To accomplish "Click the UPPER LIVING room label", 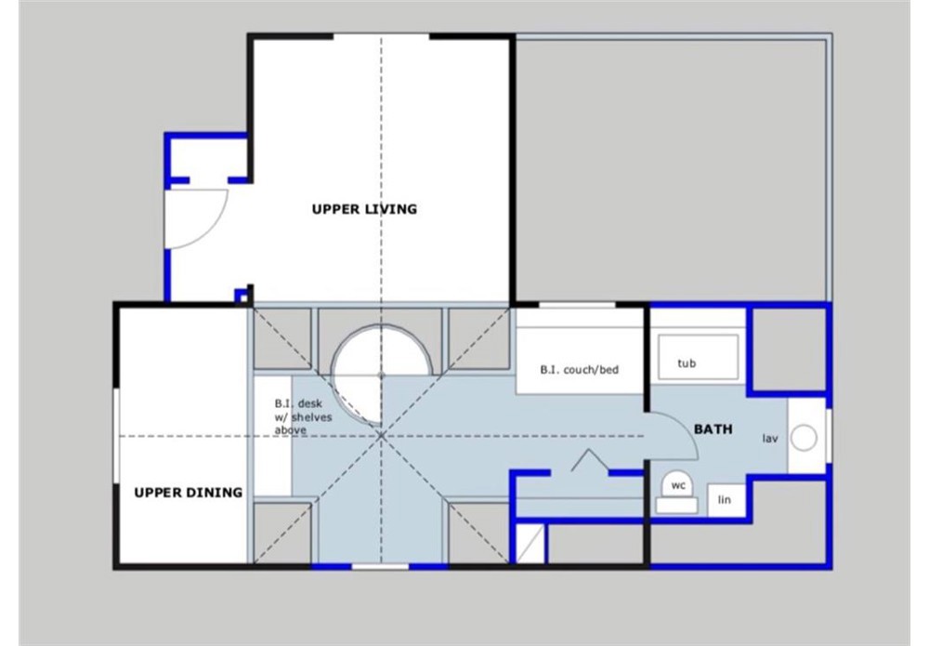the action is [364, 209].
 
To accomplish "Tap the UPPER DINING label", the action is [189, 493].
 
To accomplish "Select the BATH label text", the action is [713, 429].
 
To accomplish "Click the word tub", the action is [687, 363].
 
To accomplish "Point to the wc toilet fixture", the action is [677, 492].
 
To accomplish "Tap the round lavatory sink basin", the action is [804, 438].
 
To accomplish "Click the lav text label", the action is [769, 439].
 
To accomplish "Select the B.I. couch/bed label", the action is [579, 370].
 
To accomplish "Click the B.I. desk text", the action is [298, 403].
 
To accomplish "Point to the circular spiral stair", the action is [381, 374].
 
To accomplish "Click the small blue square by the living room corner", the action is [242, 295].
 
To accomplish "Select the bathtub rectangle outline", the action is [699, 357].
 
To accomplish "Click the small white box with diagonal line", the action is [530, 544].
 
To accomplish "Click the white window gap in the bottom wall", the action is [380, 567].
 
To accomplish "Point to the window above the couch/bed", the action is [577, 305].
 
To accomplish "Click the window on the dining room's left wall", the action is [117, 437].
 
